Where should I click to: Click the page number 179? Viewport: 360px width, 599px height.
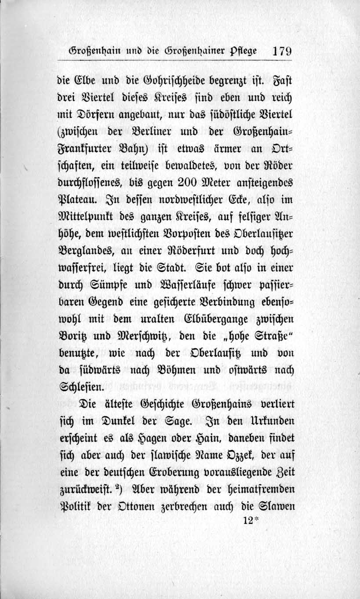pos(281,50)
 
